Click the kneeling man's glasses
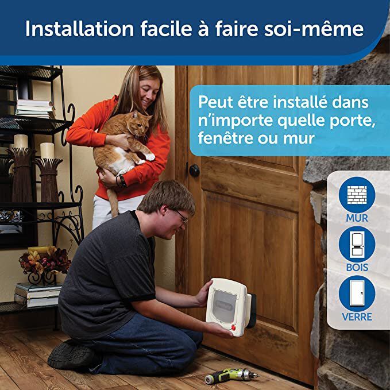click(x=182, y=216)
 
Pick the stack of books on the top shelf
click(x=34, y=108)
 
